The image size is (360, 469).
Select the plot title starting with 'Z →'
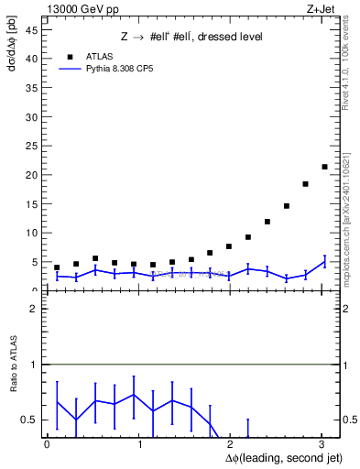pyautogui.click(x=191, y=38)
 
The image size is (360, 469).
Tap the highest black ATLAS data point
pyautogui.click(x=324, y=167)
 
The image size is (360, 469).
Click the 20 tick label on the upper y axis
pyautogui.click(x=34, y=175)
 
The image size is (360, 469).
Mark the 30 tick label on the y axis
pyautogui.click(x=34, y=116)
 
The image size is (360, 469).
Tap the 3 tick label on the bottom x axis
pyautogui.click(x=322, y=444)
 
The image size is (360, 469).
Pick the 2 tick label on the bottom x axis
pyautogui.click(x=231, y=444)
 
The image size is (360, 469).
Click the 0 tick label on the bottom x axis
pyautogui.click(x=47, y=444)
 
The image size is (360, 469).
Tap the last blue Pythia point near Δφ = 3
pyautogui.click(x=324, y=262)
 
